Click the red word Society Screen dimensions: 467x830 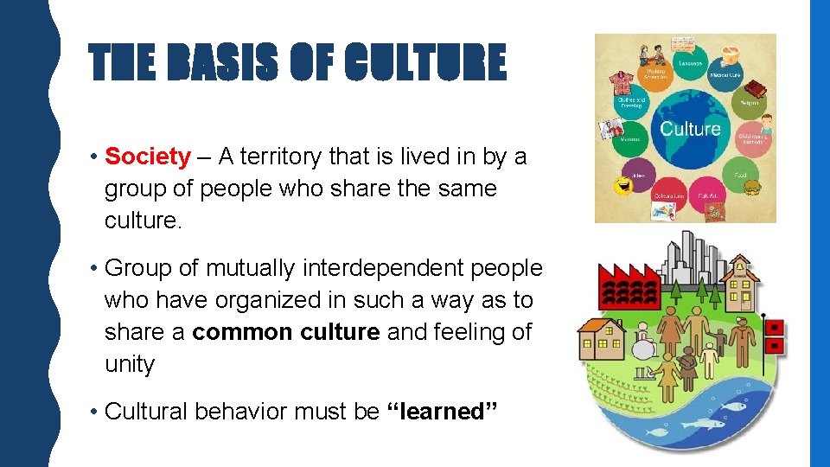click(147, 157)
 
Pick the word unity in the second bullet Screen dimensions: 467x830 click(129, 364)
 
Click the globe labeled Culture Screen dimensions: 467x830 click(689, 130)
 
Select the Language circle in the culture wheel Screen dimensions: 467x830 click(690, 62)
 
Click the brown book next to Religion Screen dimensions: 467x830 click(757, 89)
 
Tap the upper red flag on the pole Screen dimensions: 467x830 click(775, 327)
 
